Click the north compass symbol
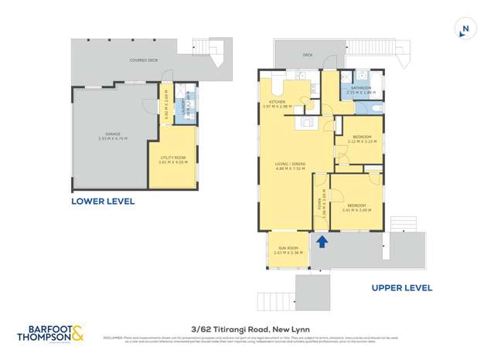click(465, 29)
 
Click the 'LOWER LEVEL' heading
click(103, 202)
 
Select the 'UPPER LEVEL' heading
click(401, 287)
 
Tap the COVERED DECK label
click(145, 59)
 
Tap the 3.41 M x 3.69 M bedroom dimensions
click(356, 210)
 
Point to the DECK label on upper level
click(307, 56)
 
